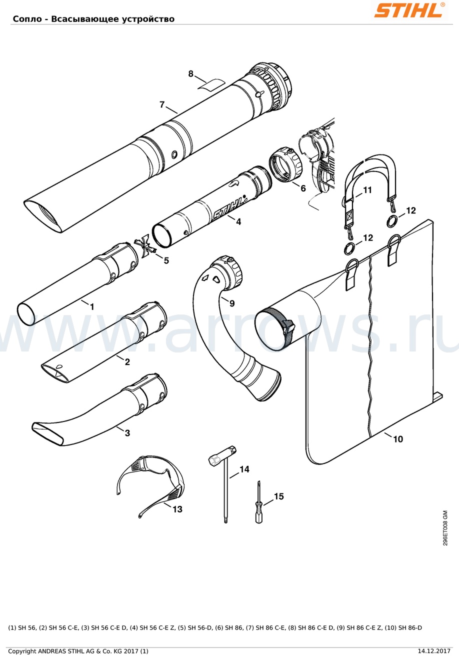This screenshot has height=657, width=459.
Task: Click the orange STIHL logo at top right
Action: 409,10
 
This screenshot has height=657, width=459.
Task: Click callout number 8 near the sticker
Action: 191,74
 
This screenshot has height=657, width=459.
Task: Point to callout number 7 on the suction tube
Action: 162,104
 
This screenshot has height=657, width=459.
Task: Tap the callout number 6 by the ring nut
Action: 303,188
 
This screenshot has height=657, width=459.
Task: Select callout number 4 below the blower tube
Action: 238,221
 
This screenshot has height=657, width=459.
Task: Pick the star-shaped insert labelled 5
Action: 145,246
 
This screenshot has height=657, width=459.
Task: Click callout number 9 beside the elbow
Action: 232,303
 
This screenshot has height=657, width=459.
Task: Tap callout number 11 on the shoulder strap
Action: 367,190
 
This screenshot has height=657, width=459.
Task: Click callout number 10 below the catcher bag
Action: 398,439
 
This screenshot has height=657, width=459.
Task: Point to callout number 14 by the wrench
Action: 244,469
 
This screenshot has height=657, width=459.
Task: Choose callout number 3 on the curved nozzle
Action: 127,433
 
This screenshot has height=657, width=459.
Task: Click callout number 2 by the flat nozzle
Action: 127,362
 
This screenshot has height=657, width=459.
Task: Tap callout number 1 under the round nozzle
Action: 92,307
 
